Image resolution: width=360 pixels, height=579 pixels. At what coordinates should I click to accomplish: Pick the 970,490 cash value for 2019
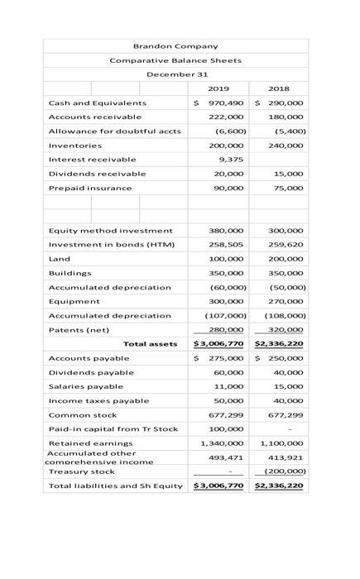pos(226,103)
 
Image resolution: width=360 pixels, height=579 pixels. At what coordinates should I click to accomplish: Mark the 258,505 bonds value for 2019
pos(229,245)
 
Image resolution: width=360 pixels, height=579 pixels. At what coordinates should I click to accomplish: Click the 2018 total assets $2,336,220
pos(279,344)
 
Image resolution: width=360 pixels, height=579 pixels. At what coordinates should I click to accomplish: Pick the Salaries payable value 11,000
pos(231,386)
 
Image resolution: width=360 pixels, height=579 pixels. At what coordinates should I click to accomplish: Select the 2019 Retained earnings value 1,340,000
pos(225,443)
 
